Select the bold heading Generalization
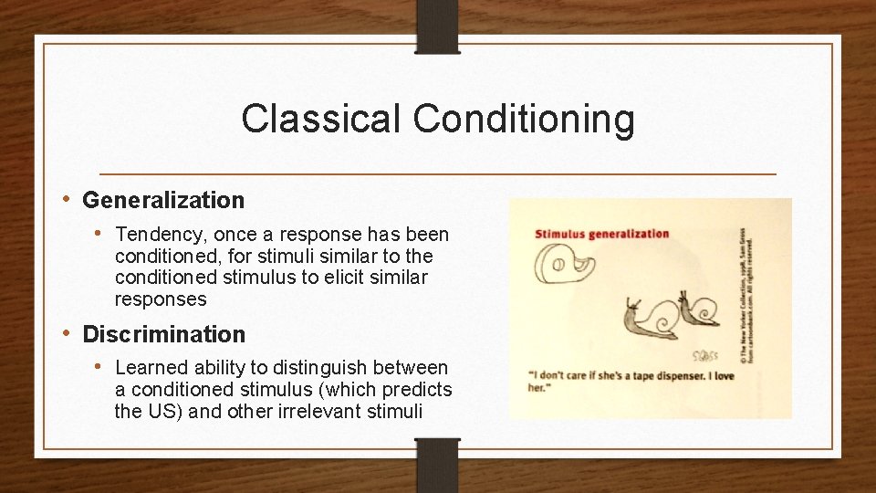pyautogui.click(x=163, y=199)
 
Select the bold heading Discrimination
pyautogui.click(x=164, y=334)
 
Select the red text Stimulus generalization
pyautogui.click(x=600, y=234)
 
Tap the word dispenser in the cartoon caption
pyautogui.click(x=684, y=374)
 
